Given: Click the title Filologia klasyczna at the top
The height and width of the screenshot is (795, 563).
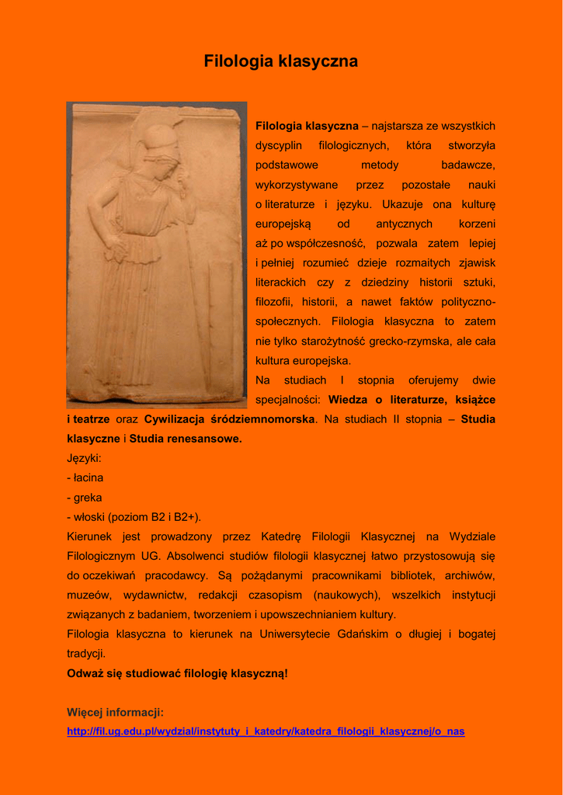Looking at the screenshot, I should click(281, 61).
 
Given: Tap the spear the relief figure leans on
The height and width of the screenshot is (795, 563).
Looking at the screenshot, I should click(198, 295).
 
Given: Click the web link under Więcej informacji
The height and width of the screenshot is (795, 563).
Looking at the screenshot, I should click(266, 731).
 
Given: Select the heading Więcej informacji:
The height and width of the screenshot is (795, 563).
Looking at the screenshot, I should click(115, 712).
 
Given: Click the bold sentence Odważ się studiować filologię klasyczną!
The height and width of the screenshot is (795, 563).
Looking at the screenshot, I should click(177, 673).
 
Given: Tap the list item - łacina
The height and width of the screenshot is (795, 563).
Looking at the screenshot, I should click(85, 477).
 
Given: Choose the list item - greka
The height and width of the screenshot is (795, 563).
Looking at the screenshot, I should click(85, 498).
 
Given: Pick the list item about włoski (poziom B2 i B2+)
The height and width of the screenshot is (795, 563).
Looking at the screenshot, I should click(134, 517).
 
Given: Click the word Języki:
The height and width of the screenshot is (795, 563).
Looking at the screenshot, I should click(85, 458).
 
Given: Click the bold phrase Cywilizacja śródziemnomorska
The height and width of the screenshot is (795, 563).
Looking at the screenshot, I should click(230, 419).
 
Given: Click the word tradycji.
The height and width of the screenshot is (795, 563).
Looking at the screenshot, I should click(86, 654).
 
